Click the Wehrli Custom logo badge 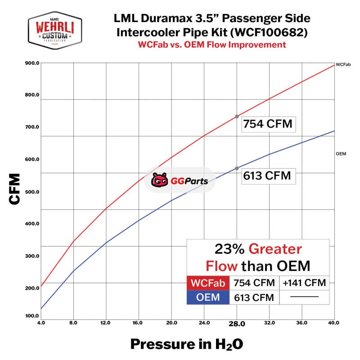point(54,31)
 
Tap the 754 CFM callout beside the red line point(268,124)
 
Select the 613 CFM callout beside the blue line point(268,175)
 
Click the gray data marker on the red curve point(237,117)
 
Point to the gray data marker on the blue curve point(237,168)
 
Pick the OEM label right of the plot point(341,154)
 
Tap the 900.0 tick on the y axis point(32,63)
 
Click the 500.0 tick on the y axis point(32,192)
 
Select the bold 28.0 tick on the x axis point(237,324)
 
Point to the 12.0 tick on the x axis point(106,323)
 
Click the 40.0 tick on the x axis point(334,323)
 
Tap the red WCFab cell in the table point(208,283)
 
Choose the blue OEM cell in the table point(208,297)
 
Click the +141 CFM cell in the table point(304,283)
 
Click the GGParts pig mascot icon point(159,180)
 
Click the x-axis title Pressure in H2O point(187,345)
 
